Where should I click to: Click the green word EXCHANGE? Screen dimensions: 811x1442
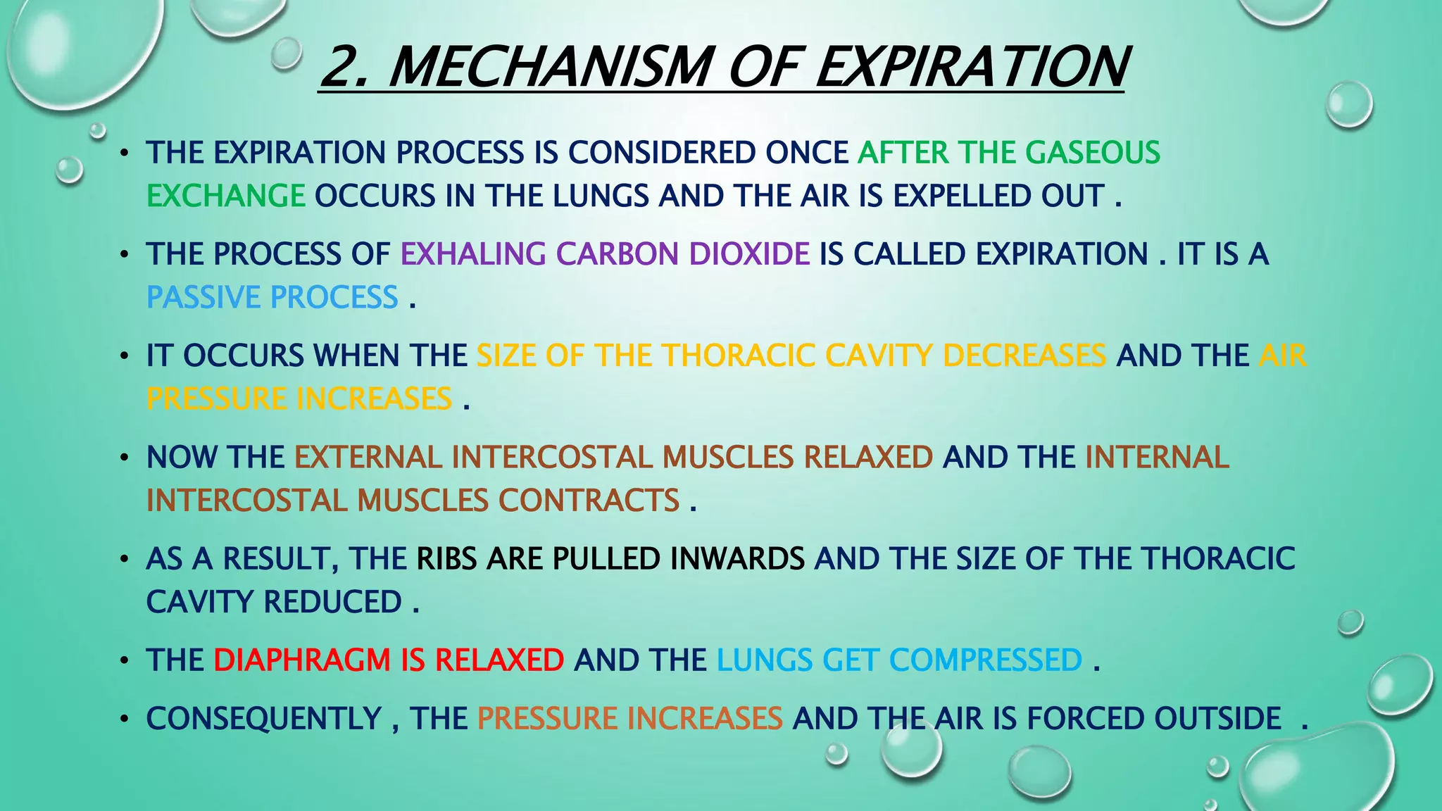point(225,196)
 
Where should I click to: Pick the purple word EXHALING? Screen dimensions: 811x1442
point(473,254)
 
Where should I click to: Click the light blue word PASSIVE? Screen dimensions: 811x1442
point(203,297)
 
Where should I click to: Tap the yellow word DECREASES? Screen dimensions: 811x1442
point(1024,356)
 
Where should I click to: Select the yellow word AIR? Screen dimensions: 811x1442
point(1282,356)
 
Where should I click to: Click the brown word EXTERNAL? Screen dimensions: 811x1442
point(368,457)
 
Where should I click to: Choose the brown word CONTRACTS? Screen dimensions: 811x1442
point(589,501)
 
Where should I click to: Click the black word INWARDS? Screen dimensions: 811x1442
point(737,558)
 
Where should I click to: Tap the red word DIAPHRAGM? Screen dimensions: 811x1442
point(302,660)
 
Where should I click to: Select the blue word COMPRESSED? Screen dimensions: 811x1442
point(986,660)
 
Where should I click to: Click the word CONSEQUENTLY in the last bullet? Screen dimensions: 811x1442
point(264,719)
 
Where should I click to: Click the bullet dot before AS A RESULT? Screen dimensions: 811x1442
point(124,560)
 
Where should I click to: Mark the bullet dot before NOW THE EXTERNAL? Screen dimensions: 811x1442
point(124,458)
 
